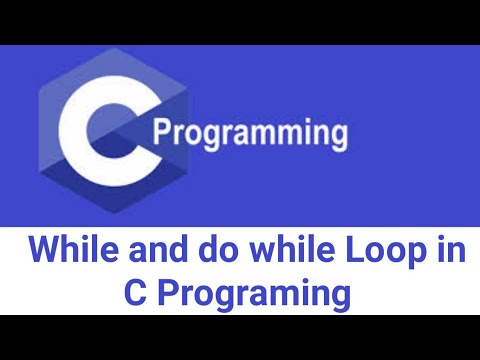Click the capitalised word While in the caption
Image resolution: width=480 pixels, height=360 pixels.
69,252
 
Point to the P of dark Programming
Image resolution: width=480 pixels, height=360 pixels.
166,132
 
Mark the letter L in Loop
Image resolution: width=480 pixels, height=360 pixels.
318,252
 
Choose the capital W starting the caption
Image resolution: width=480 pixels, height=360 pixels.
43,252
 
